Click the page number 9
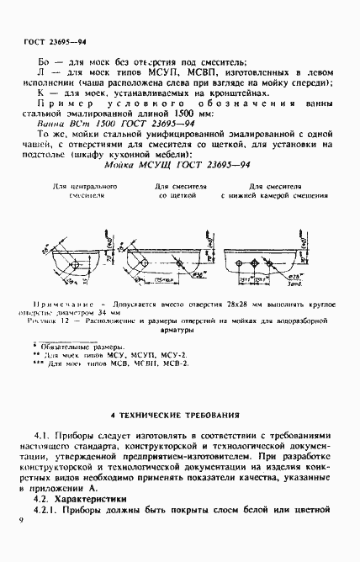click(x=19, y=522)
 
